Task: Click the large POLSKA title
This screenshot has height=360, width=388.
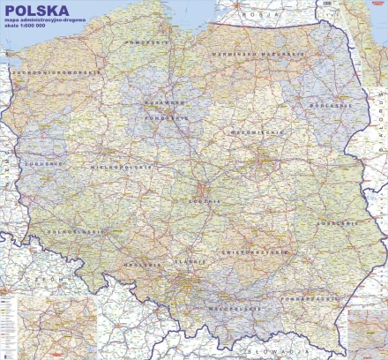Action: (x=38, y=14)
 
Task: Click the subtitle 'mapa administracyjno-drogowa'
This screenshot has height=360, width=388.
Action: (x=45, y=27)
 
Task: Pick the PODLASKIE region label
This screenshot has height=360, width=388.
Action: (x=325, y=107)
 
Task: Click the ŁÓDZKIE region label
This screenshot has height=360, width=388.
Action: (x=202, y=201)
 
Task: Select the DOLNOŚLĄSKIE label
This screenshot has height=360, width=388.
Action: (x=64, y=234)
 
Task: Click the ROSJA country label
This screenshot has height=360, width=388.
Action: (x=256, y=15)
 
